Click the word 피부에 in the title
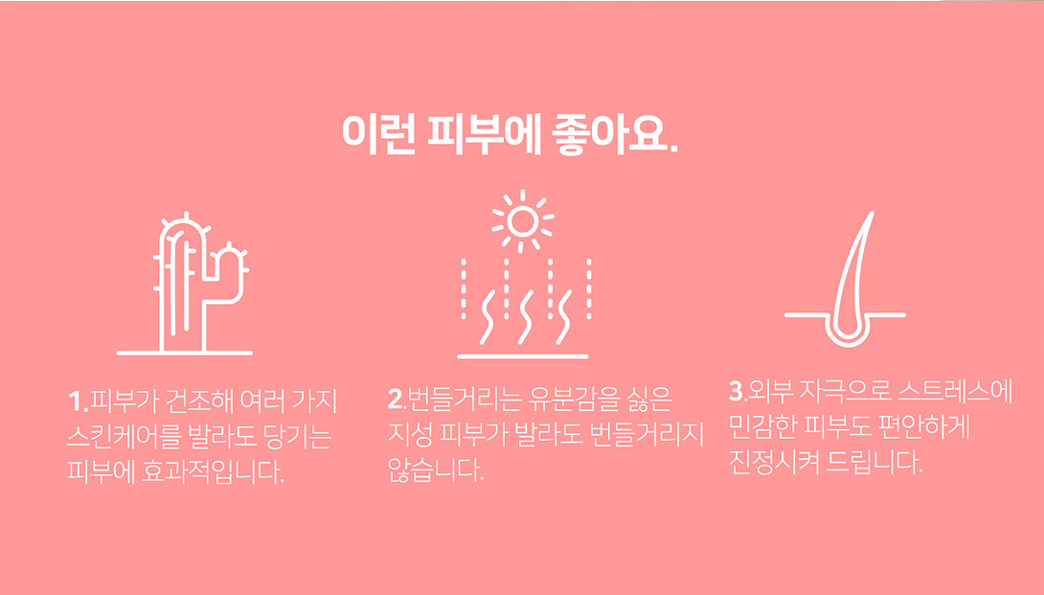point(484,134)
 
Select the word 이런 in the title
point(379,134)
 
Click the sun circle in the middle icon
point(522,221)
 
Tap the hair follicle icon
point(846,280)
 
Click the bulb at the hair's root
point(848,332)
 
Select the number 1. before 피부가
point(78,401)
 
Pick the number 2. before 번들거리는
point(397,400)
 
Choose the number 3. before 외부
point(738,391)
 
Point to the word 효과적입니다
point(213,471)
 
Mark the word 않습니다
point(436,469)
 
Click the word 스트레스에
point(955,391)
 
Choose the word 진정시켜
point(774,462)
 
